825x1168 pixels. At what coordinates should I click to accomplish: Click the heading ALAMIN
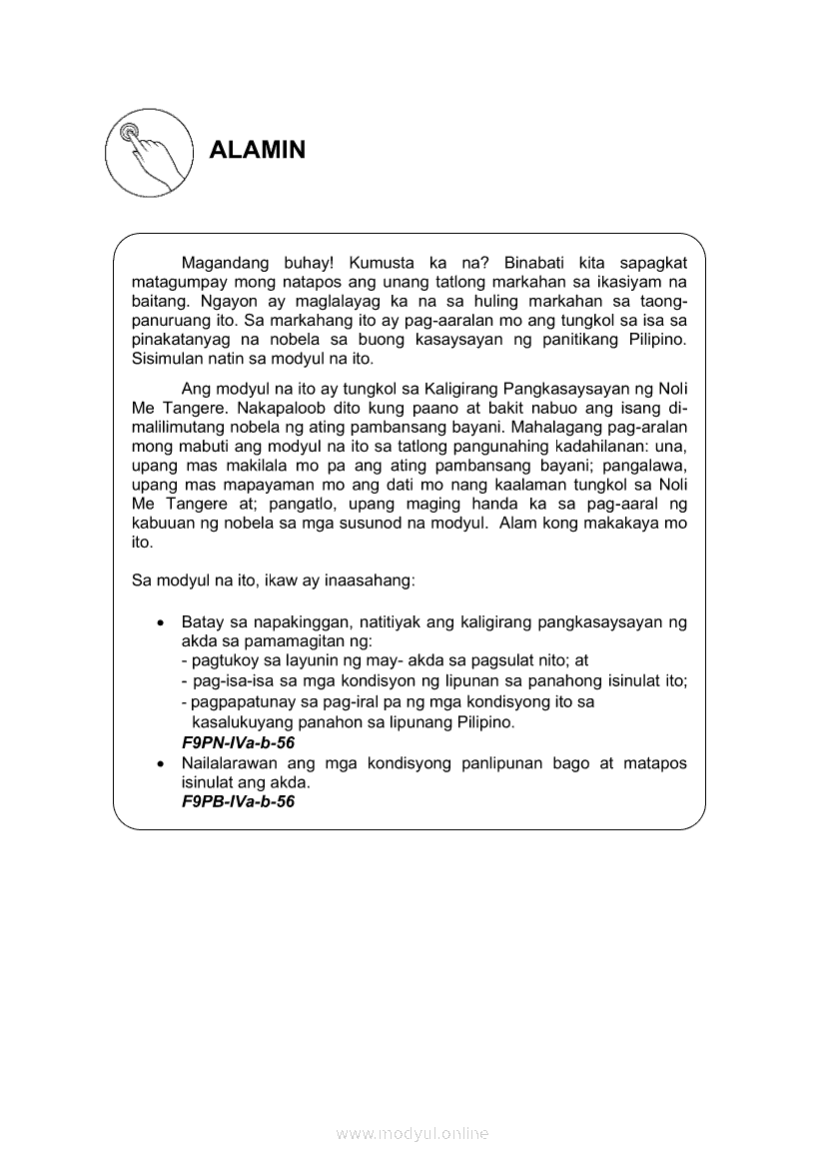pos(257,151)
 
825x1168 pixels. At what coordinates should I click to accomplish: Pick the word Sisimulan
pos(169,358)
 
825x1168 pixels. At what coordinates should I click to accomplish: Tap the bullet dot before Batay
pos(161,622)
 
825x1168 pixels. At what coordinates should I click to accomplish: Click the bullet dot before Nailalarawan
pos(161,763)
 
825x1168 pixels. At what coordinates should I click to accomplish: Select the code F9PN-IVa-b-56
pos(238,743)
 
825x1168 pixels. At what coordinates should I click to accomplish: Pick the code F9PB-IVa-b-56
pos(238,801)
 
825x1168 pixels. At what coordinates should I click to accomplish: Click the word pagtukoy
pos(222,660)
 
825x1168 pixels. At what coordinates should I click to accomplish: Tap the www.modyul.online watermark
pos(412,1133)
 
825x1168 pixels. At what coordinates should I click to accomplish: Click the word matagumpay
pos(175,282)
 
